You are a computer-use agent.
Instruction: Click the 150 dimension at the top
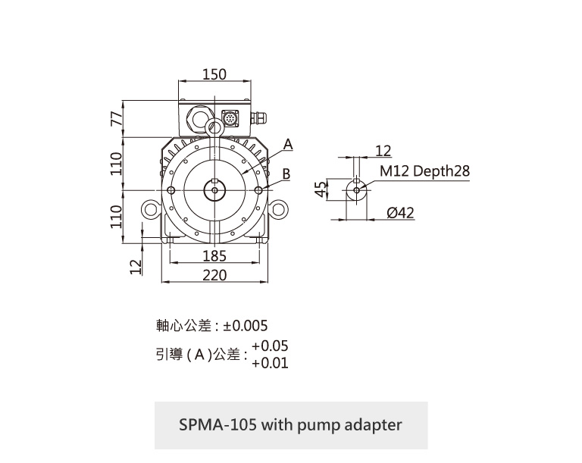tap(214, 74)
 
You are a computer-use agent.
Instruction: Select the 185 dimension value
tap(214, 257)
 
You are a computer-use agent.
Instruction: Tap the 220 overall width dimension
tap(214, 274)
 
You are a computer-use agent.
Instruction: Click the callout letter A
tap(288, 144)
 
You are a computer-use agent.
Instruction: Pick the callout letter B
tap(286, 174)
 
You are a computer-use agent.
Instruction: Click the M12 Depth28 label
tap(424, 171)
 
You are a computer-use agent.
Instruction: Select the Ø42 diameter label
tap(400, 213)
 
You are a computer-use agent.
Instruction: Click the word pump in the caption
tap(312, 424)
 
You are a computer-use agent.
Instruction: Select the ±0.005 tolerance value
tap(246, 326)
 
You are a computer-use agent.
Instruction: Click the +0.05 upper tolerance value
tap(270, 346)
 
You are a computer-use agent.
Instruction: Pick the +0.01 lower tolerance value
tap(270, 363)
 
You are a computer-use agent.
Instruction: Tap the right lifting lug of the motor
tap(278, 209)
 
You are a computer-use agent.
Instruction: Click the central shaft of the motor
tap(215, 189)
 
